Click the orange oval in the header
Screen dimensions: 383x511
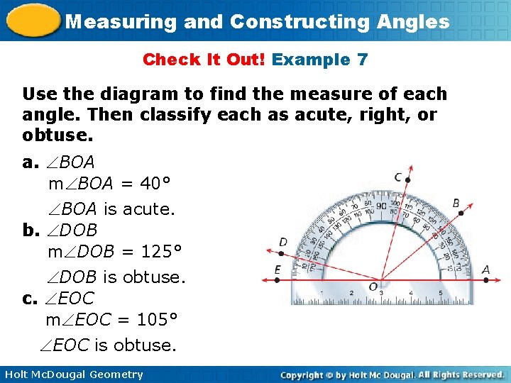click(32, 20)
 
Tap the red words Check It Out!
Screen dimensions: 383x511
click(204, 60)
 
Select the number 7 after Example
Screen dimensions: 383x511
click(362, 60)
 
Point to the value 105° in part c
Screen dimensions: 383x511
click(156, 320)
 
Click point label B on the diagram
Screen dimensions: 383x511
click(456, 204)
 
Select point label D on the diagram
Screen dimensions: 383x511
click(283, 243)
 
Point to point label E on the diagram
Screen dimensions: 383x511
click(278, 270)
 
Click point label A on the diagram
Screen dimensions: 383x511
click(485, 270)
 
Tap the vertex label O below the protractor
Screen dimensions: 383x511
click(373, 287)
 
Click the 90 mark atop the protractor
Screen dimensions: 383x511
click(380, 206)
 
